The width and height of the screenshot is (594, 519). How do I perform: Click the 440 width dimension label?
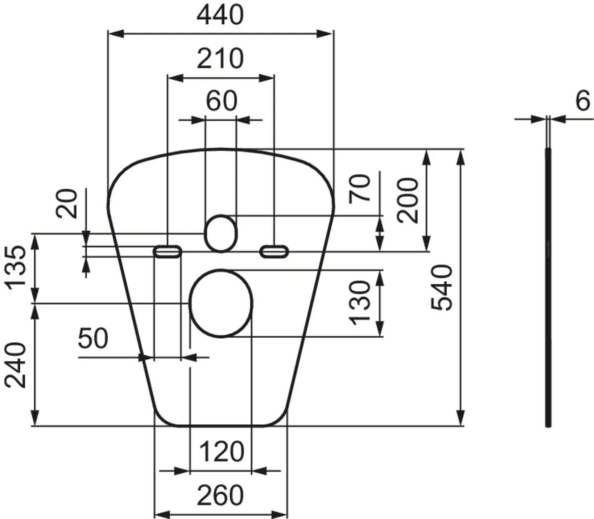pos(220,15)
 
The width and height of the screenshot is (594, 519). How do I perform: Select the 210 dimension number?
pos(220,59)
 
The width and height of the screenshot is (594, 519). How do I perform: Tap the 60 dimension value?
pos(221,102)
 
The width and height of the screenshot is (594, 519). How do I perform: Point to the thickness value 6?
pos(583,102)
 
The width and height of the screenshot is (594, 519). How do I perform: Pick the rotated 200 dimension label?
pos(408,201)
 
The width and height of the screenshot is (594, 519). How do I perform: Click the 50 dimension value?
pos(93,339)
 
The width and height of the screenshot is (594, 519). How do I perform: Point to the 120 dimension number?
pos(221,452)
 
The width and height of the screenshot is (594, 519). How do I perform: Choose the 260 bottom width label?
pos(220,495)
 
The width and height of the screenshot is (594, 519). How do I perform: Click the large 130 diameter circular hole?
pos(221,303)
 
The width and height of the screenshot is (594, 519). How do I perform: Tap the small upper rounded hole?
pos(221,233)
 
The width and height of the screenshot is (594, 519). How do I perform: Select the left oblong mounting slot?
pos(168,252)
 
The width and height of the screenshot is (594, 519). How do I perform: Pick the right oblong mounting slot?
pos(274,252)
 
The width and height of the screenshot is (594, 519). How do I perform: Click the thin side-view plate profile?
pos(548,287)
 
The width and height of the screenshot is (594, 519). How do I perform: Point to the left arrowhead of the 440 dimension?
pos(115,33)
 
